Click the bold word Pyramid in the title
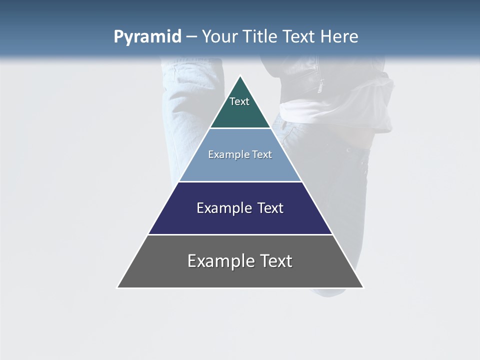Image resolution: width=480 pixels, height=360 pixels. [x=147, y=37]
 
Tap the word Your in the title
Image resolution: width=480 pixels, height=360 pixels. [x=220, y=36]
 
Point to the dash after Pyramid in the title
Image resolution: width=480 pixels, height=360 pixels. [x=191, y=37]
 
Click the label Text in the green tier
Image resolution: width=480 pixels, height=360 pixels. [x=239, y=101]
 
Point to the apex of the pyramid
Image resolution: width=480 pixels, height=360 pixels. [x=240, y=76]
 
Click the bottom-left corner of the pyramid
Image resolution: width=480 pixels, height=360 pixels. [x=118, y=287]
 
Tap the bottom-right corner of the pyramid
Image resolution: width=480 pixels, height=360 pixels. [x=363, y=287]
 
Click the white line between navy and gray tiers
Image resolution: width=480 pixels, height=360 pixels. [x=240, y=234]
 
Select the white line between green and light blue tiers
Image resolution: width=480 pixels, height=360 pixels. [x=240, y=128]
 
